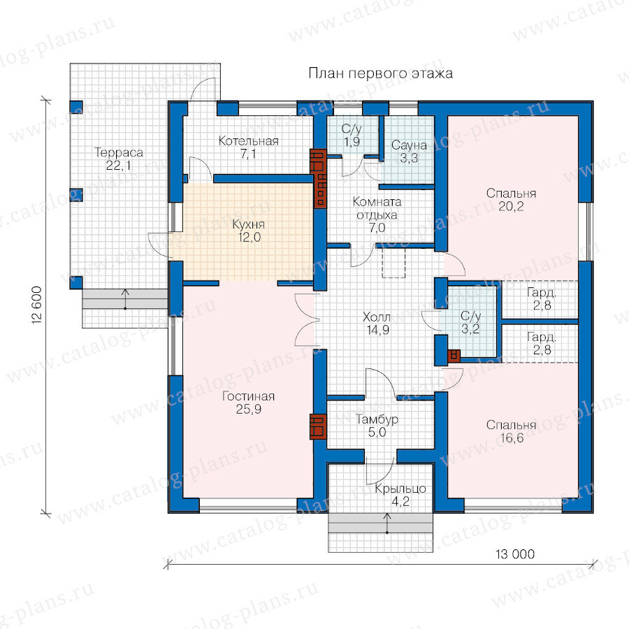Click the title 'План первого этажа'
coord(380,74)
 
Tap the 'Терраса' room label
coord(119,152)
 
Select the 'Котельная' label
coord(248,140)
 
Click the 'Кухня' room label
coord(248,224)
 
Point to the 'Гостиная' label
coord(248,396)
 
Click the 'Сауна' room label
coord(409,145)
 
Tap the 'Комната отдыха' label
coord(377,208)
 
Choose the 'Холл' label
coord(377,317)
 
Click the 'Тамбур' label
coord(377,419)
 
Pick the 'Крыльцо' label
coord(400,489)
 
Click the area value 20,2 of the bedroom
coord(511,207)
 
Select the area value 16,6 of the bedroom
coord(512,438)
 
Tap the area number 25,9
coord(248,409)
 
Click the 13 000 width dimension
coord(515,554)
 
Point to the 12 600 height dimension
coord(36,305)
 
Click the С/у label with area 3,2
coord(470,316)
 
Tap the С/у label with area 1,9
coord(352,129)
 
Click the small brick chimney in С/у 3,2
coord(454,356)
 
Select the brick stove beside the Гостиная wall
coord(318,427)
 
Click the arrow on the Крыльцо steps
coord(387,523)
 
